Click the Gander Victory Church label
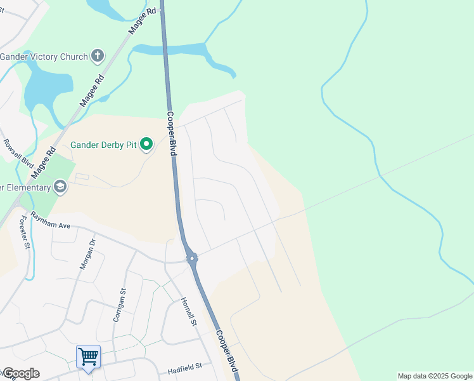(44, 57)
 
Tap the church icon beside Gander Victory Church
(98, 57)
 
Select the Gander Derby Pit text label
(105, 145)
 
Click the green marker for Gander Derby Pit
(147, 145)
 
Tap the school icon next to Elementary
(60, 186)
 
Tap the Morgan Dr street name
(87, 254)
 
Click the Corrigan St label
(120, 305)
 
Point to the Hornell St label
(189, 312)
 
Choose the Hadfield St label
(184, 366)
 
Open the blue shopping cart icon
(88, 356)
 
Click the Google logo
(20, 373)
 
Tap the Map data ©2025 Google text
(435, 376)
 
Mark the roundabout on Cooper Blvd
(192, 258)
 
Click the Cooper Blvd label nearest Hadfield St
(227, 351)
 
